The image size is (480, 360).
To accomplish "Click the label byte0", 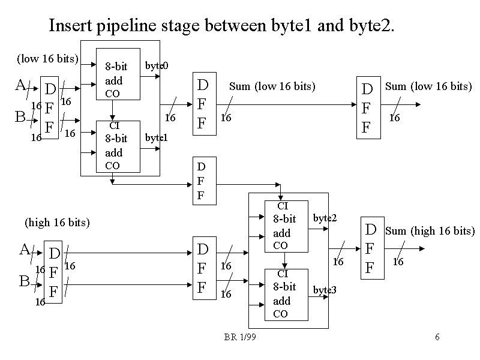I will click(x=157, y=65).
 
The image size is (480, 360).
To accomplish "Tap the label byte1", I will click(x=156, y=137).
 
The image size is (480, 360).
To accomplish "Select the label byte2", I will click(x=325, y=218).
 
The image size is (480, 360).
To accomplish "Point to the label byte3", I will click(x=325, y=290).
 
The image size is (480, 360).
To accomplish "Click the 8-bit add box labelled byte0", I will click(x=118, y=74).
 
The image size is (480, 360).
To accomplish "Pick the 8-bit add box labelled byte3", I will click(x=286, y=295).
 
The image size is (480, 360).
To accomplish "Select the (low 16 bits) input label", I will click(x=47, y=58).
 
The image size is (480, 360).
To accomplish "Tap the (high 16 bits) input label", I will click(x=57, y=223).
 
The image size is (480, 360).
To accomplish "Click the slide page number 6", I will click(x=437, y=337).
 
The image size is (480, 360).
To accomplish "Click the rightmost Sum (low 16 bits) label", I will click(x=428, y=86).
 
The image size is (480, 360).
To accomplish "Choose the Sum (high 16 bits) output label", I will click(x=430, y=231).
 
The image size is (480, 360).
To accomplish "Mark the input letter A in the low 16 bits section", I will click(x=20, y=85).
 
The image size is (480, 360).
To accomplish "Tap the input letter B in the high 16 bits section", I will click(x=24, y=281).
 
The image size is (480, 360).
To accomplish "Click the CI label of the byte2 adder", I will click(x=283, y=206).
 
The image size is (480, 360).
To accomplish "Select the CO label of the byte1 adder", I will click(x=112, y=166).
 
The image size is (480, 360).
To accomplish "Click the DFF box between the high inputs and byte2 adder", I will click(x=203, y=268).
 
